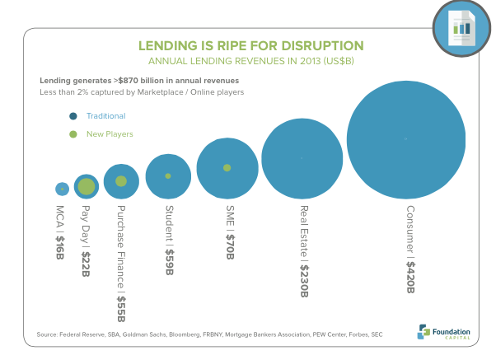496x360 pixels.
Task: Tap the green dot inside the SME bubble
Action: tap(227, 168)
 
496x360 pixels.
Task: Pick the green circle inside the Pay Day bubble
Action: tap(87, 187)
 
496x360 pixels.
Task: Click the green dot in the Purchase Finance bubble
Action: tap(121, 181)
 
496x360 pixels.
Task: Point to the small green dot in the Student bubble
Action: tap(168, 176)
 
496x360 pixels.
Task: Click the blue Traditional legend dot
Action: tap(73, 117)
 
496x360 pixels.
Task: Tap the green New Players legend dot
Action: tap(73, 133)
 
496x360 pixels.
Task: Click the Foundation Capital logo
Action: tap(444, 330)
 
